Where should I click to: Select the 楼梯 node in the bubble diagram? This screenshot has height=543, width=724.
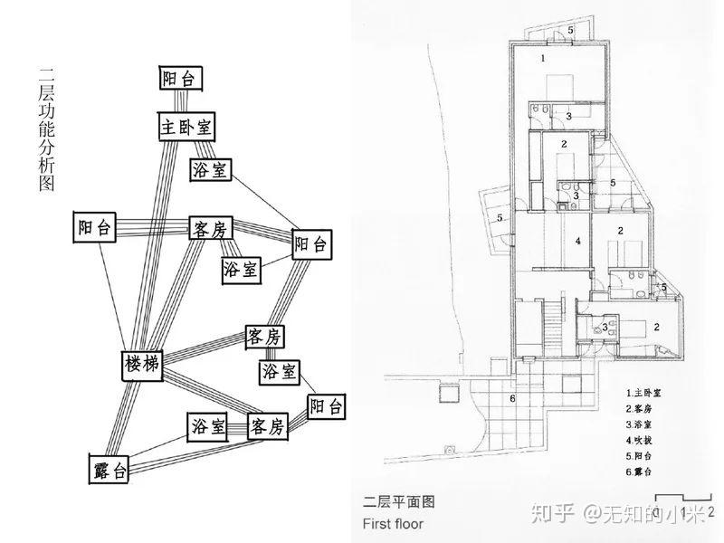[142, 365]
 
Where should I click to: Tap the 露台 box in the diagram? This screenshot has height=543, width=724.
[110, 469]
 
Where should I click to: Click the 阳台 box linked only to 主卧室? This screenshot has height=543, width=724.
[180, 79]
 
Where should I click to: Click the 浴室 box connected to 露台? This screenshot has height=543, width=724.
[208, 427]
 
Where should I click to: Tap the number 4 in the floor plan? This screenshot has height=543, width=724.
[576, 242]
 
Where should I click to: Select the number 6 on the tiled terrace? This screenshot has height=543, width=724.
[512, 398]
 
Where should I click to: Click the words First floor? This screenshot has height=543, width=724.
[392, 522]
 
